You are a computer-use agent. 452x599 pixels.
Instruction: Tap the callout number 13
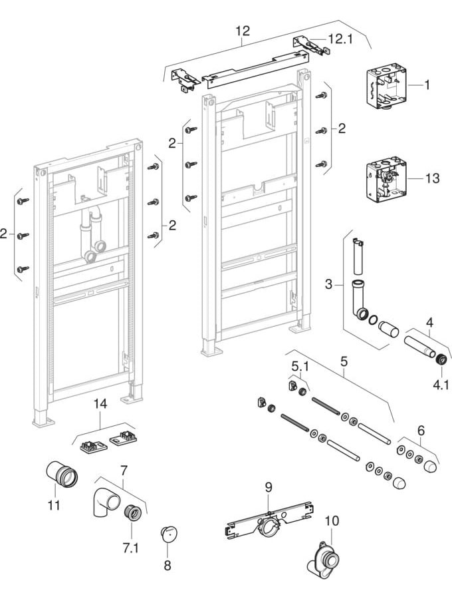click(x=432, y=178)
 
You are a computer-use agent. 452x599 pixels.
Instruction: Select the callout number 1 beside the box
click(x=427, y=85)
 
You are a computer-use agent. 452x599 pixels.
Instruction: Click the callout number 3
click(x=328, y=284)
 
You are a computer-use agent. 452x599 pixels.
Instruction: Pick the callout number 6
click(x=420, y=431)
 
